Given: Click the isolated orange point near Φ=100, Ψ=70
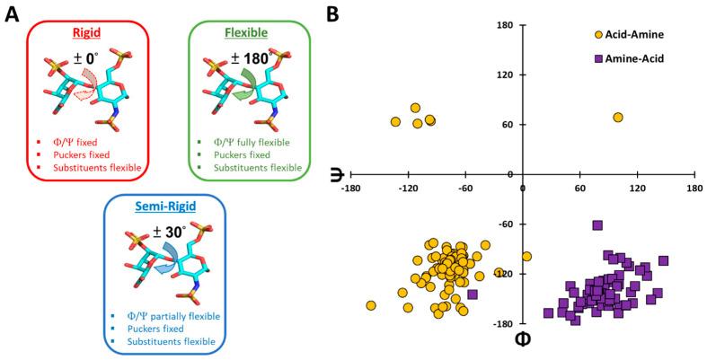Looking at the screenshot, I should (x=618, y=118).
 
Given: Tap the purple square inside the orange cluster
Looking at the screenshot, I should (x=473, y=294).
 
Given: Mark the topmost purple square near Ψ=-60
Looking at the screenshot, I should (x=597, y=225).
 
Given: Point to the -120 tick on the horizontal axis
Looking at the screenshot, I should (x=409, y=189).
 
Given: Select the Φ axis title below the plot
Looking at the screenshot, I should (x=521, y=340).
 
